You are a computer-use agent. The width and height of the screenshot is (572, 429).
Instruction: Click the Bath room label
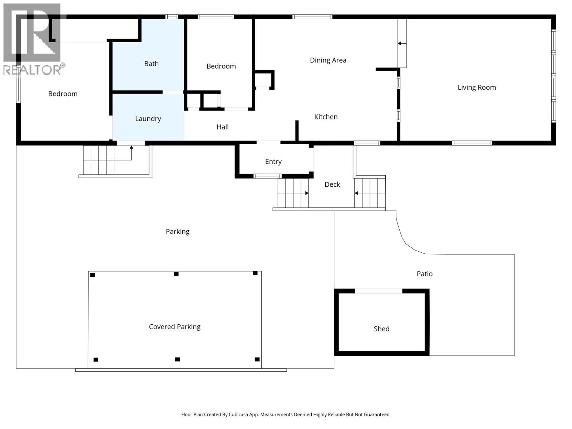151,64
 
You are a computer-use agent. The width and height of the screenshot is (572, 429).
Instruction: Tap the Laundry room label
148,119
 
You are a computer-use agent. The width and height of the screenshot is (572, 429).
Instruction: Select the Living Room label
477,87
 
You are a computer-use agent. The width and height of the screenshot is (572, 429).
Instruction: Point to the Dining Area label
328,60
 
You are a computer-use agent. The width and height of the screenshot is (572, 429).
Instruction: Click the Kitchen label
326,117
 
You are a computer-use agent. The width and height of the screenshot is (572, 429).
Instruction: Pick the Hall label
222,127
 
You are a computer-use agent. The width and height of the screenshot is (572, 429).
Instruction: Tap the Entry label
273,162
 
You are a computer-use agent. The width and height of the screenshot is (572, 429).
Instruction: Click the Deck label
332,184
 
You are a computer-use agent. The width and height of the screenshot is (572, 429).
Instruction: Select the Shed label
381,329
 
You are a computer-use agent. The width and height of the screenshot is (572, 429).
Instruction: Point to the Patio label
424,274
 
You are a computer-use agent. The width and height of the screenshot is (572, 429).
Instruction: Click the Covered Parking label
174,327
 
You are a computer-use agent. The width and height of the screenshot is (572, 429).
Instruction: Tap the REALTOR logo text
32,70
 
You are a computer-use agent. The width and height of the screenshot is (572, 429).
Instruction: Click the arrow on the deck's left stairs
306,193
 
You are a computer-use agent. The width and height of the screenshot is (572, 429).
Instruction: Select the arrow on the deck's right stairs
356,193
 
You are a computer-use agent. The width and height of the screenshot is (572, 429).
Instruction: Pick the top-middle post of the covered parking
176,274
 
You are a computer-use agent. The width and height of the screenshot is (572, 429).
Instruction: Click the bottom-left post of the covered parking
96,360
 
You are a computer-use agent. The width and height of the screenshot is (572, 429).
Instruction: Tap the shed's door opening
378,291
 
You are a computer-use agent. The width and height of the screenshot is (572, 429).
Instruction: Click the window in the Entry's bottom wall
267,176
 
